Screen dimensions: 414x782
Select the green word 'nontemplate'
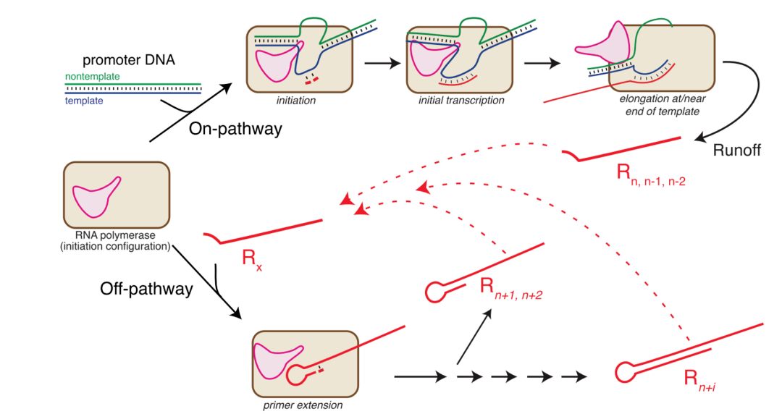92,76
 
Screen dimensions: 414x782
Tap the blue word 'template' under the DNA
83,101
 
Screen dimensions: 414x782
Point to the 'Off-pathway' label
147,289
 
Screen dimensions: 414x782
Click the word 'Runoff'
736,151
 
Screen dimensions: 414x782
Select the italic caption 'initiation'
296,101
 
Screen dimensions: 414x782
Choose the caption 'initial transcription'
461,101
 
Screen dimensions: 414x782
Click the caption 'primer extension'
303,405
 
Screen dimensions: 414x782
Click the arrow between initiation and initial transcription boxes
382,63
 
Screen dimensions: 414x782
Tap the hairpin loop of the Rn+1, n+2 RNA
434,292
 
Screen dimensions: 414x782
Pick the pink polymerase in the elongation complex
602,46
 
